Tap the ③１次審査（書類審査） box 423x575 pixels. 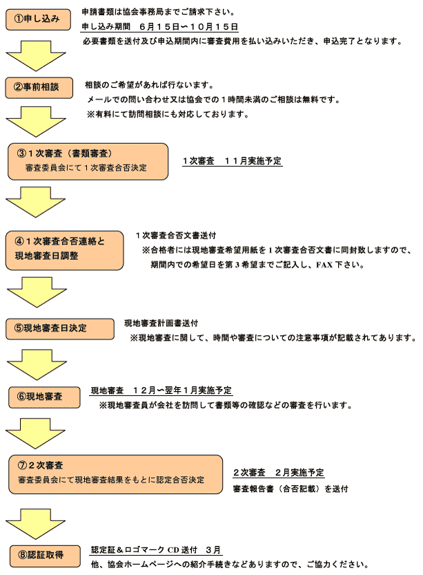88,160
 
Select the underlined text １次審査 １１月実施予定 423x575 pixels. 232,161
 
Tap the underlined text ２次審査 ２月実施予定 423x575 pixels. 278,473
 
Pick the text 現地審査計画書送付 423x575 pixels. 161,323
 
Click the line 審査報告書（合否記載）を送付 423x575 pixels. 290,489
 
